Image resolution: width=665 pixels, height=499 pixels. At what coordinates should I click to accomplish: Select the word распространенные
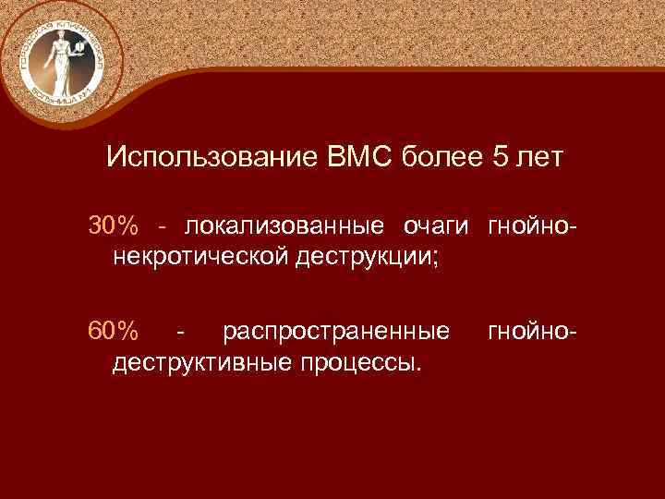point(337,330)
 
